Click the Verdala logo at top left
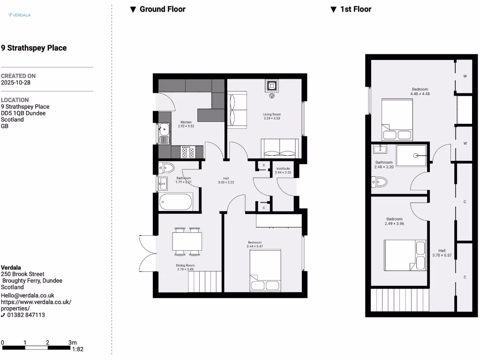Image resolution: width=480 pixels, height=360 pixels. [19, 15]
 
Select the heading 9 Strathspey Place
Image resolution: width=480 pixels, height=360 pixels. [34, 48]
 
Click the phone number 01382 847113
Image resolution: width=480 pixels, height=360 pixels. [26, 315]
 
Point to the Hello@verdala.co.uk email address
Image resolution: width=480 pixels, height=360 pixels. [28, 295]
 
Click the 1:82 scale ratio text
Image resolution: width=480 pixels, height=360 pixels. [77, 349]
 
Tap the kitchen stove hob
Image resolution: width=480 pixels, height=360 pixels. [188, 151]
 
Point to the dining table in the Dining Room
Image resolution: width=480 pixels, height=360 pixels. [187, 241]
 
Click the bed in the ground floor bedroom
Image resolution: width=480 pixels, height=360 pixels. [265, 270]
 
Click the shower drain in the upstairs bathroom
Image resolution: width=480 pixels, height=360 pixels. [415, 156]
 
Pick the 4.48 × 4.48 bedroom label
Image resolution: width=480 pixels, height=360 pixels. [420, 91]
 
